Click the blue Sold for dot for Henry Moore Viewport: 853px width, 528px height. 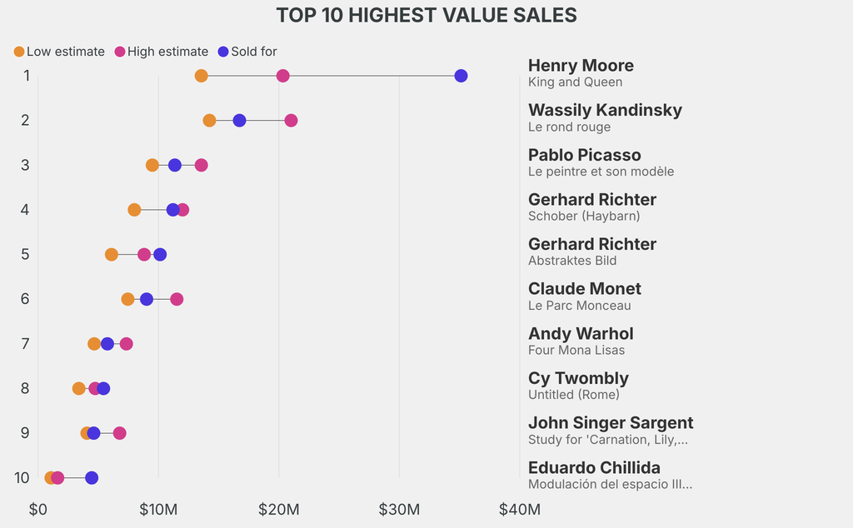[461, 76]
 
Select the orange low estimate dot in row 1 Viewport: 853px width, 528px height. [201, 76]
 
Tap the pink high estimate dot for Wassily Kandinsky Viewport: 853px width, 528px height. [291, 121]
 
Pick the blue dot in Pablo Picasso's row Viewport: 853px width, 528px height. [175, 165]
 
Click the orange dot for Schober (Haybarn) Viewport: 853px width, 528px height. [134, 210]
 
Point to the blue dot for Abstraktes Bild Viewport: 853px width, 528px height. [160, 254]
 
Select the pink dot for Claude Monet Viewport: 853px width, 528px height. [177, 299]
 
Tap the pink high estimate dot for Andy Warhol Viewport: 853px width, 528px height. [126, 344]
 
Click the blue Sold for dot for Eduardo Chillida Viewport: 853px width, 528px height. [92, 478]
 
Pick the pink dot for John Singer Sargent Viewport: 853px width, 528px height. [120, 433]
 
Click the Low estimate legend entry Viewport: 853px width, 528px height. [59, 52]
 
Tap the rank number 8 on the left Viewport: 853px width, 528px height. [25, 388]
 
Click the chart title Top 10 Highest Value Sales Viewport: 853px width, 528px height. [426, 15]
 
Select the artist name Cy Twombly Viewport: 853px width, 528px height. [578, 378]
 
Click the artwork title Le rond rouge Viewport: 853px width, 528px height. [569, 127]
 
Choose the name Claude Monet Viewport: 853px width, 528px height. [585, 289]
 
